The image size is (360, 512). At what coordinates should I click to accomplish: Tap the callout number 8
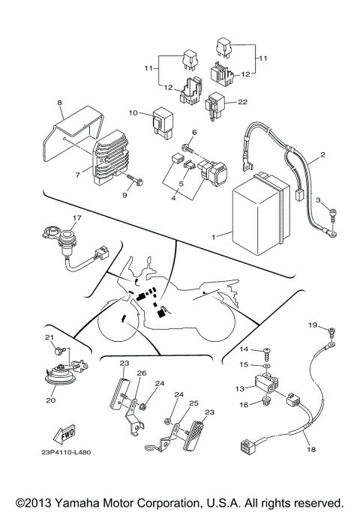click(59, 103)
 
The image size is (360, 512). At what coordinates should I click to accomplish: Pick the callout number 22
click(242, 102)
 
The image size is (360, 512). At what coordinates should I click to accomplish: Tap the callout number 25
click(193, 403)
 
